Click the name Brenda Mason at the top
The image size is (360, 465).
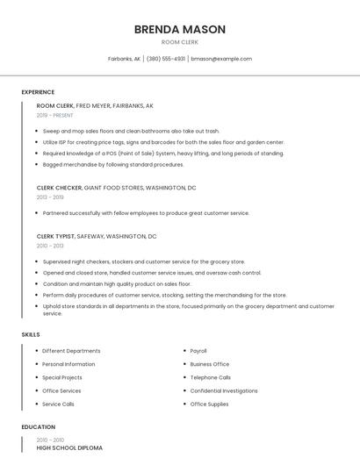click(180, 29)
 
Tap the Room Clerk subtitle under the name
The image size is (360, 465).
click(180, 42)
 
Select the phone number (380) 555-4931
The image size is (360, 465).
click(166, 59)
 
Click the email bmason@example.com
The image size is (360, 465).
click(221, 59)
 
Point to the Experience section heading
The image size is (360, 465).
click(38, 92)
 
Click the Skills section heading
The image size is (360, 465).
click(31, 334)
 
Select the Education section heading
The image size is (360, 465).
click(39, 427)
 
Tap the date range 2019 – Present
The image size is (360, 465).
click(55, 115)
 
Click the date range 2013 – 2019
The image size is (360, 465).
click(50, 197)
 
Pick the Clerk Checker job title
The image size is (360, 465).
click(59, 188)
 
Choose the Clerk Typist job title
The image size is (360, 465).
click(56, 236)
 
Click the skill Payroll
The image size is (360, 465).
click(198, 351)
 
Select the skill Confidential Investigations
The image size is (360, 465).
click(224, 390)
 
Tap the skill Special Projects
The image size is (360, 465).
click(62, 377)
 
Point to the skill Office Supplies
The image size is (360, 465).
click(209, 404)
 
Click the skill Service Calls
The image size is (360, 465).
click(58, 404)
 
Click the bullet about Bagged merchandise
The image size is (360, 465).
click(113, 164)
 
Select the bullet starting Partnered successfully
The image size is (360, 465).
click(146, 212)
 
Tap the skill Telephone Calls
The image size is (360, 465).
click(211, 377)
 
